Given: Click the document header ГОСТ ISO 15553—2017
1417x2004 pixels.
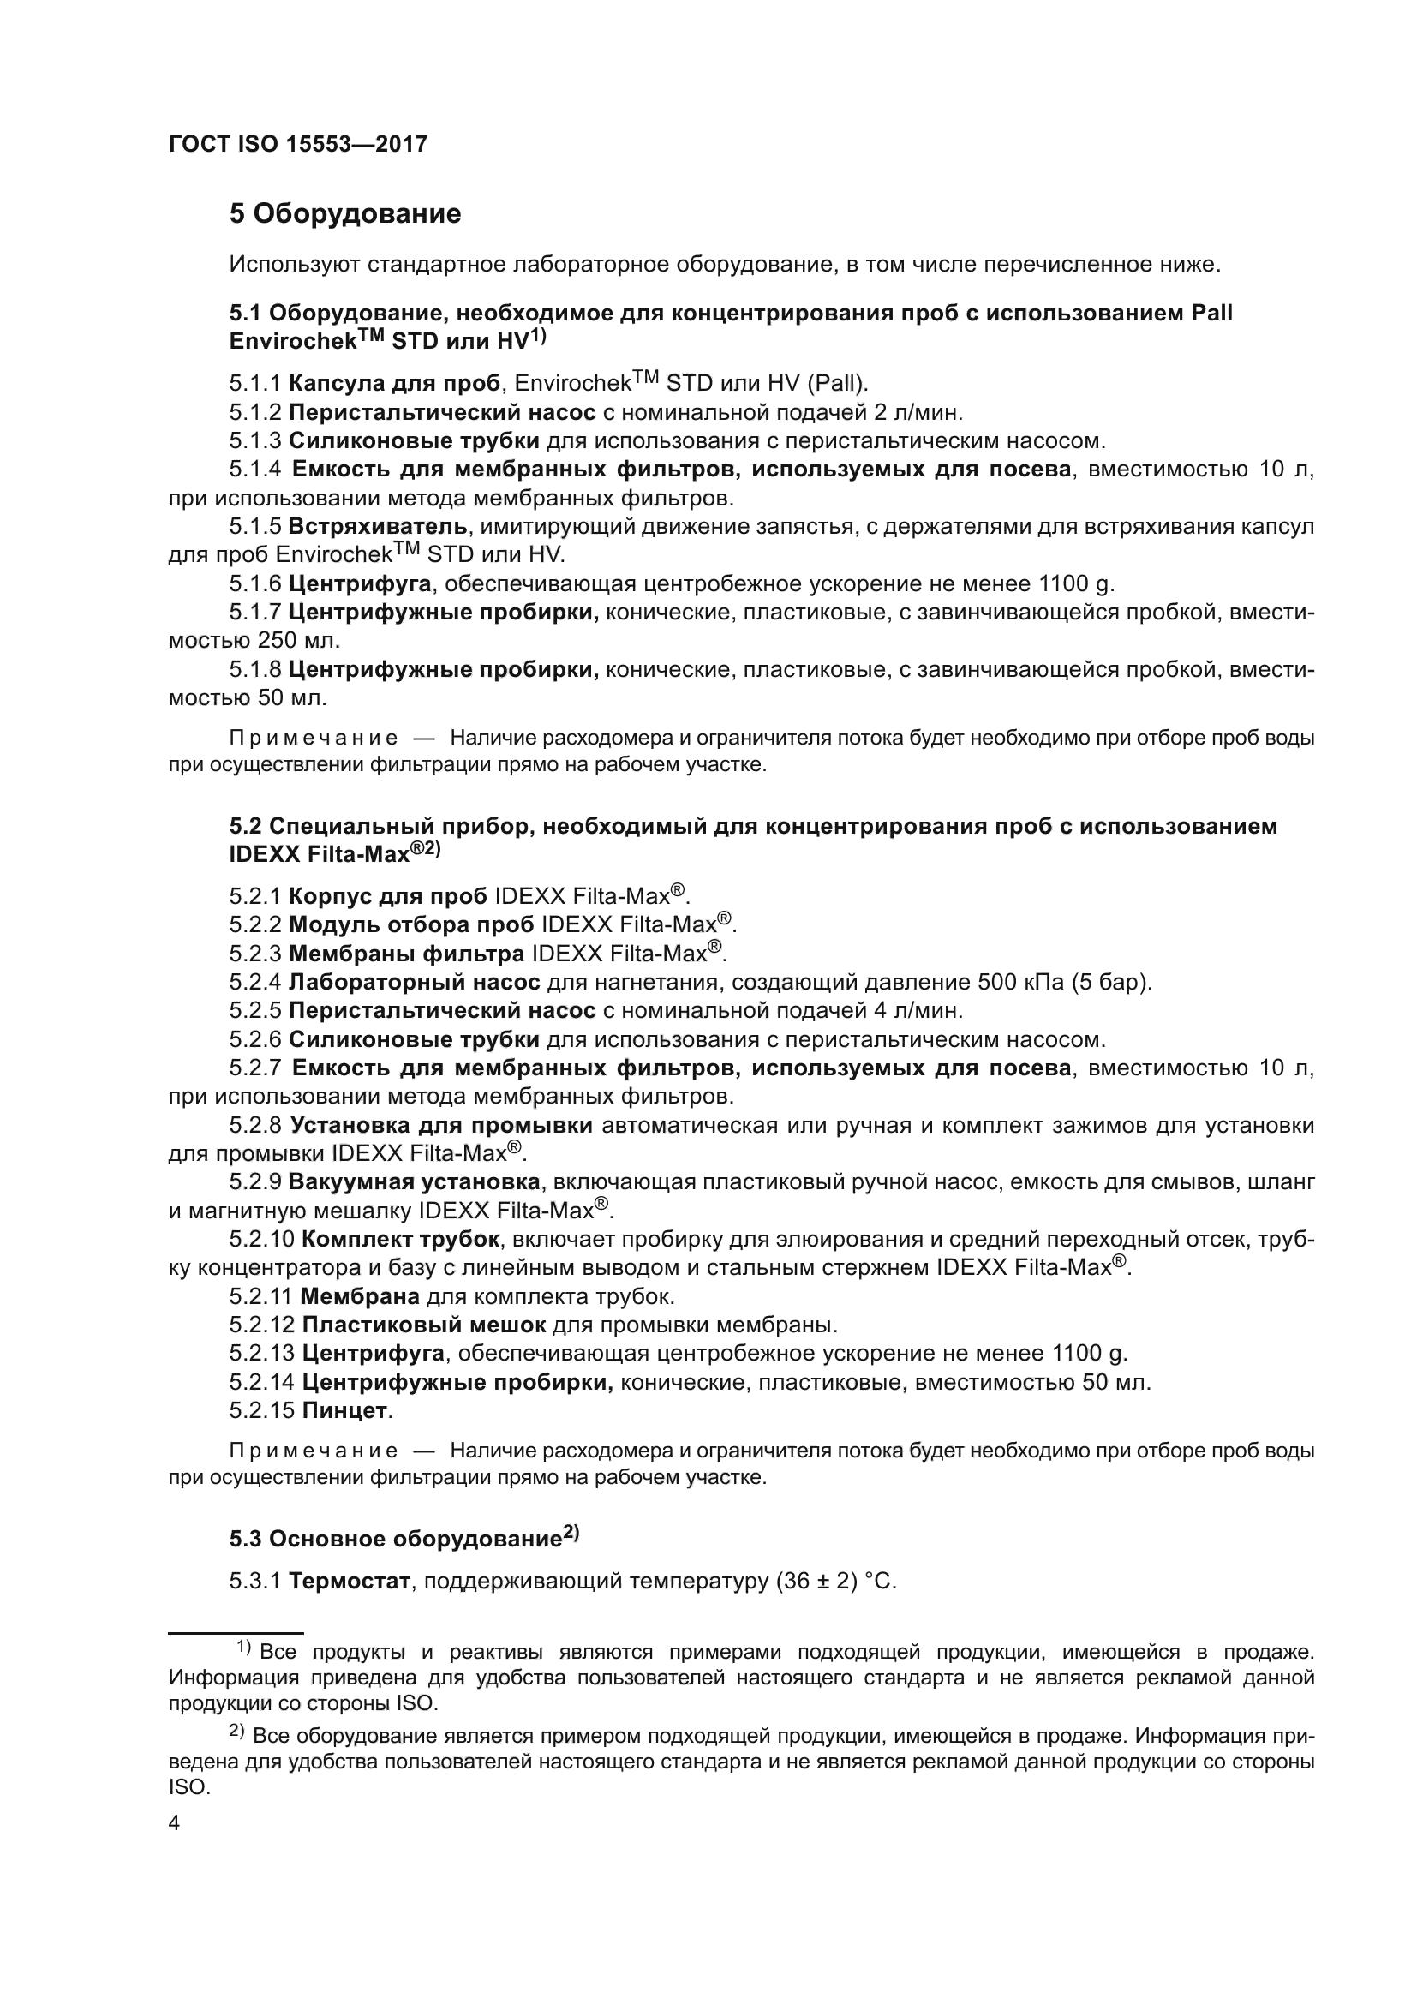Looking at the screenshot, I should coord(297,144).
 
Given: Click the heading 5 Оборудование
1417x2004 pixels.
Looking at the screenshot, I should coord(344,214).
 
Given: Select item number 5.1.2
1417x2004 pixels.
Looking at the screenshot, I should coord(255,412).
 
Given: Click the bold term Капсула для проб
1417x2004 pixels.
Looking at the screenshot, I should coord(394,383).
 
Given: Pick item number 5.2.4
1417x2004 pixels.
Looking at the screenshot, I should coord(255,983).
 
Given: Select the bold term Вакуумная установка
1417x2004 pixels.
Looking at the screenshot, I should coord(414,1182).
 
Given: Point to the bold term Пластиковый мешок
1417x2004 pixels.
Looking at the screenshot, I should coord(423,1325).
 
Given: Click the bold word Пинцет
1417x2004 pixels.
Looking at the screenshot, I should coord(344,1410).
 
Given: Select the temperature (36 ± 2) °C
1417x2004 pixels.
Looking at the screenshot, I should coord(835,1582).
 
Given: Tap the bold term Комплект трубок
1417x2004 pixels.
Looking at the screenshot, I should coord(400,1240).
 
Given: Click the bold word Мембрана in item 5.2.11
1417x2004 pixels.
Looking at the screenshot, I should coord(360,1297).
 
